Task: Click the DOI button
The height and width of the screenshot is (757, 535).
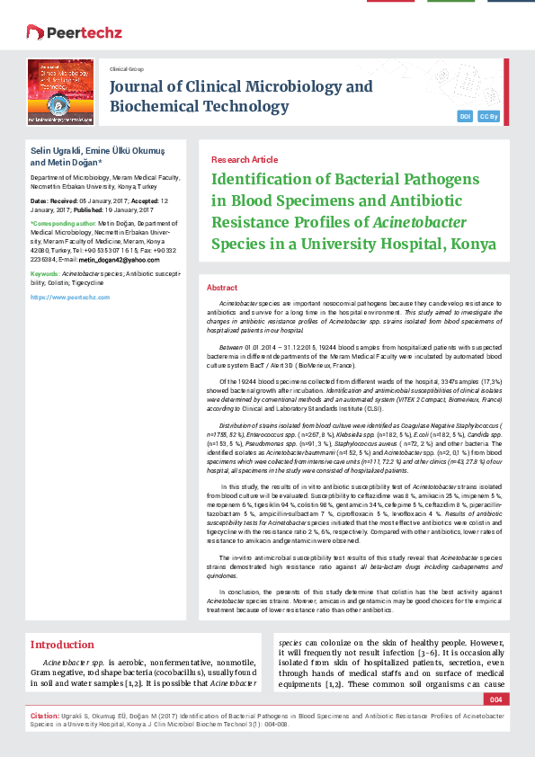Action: [465, 116]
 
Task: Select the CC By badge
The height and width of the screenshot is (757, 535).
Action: [489, 116]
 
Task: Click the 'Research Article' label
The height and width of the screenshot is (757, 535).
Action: [244, 159]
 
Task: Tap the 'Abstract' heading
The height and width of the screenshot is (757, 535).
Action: [222, 287]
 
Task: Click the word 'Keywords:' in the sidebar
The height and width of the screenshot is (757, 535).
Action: [45, 272]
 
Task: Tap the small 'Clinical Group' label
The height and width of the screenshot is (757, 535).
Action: [126, 68]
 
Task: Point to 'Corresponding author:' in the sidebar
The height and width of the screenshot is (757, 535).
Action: [64, 222]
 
